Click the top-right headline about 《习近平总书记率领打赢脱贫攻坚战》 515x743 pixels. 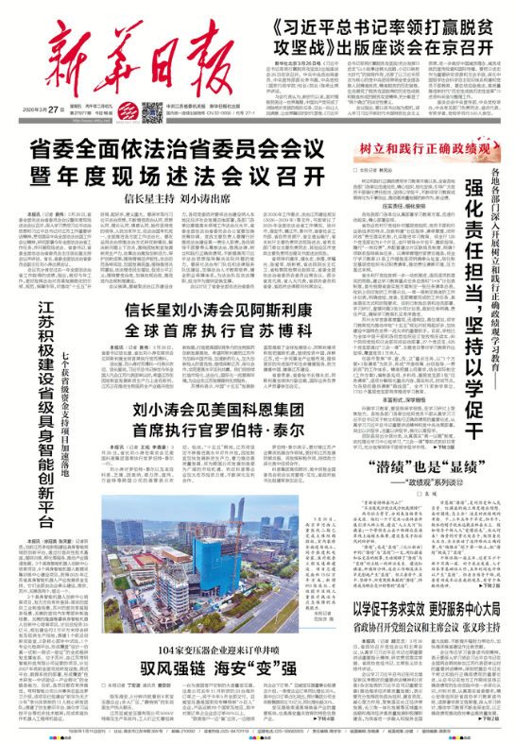click(x=396, y=35)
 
